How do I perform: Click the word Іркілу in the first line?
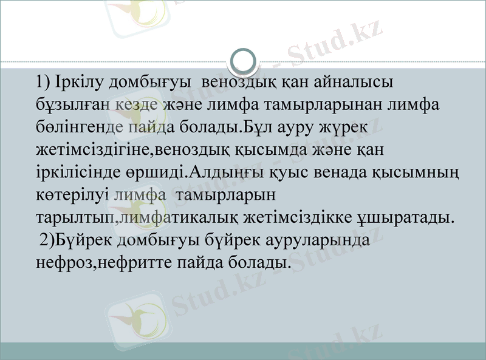point(75,81)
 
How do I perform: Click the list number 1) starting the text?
point(45,81)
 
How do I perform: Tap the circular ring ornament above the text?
point(244,61)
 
